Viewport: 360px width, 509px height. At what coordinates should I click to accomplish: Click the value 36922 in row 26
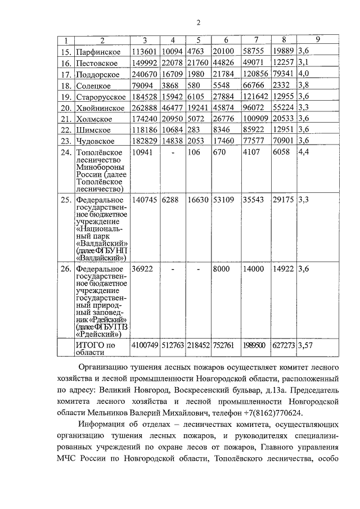click(142, 269)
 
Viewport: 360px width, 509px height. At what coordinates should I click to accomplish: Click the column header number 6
click(226, 40)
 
